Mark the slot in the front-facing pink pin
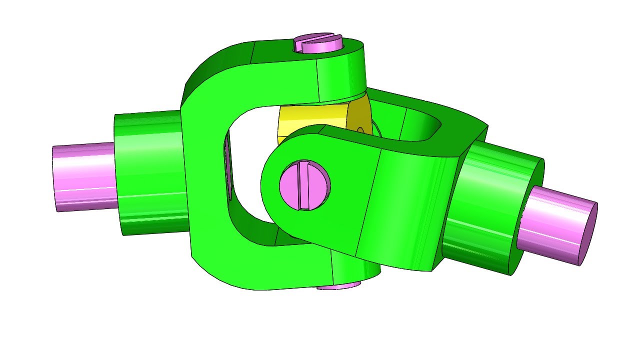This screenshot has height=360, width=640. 301,184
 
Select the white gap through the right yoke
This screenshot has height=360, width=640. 420,125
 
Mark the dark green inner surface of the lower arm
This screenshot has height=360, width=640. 250,230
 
